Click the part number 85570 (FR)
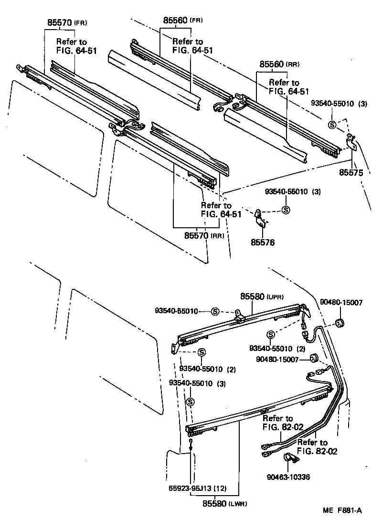point(67,22)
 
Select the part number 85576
point(262,242)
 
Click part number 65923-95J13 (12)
point(193,488)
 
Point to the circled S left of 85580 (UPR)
point(215,311)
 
